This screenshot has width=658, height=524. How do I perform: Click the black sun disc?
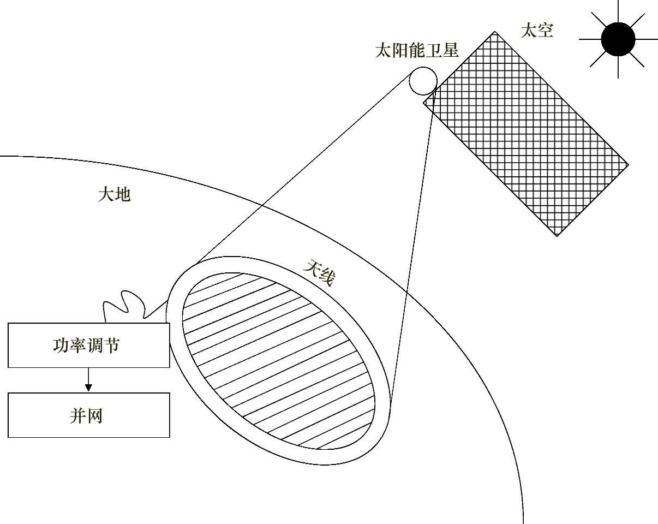tap(618, 39)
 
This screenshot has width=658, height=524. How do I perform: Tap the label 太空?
tap(537, 31)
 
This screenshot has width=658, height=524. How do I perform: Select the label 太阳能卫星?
tap(416, 51)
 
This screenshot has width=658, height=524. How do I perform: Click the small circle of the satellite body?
tap(423, 81)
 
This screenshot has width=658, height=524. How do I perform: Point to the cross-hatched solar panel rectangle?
tap(526, 134)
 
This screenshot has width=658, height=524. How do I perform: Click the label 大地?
tap(114, 194)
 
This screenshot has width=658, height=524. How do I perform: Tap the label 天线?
tap(319, 272)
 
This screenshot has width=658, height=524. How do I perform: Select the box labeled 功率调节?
tap(88, 345)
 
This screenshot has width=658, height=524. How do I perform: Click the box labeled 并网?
tap(88, 415)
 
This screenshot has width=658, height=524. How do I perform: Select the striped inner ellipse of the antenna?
tap(278, 360)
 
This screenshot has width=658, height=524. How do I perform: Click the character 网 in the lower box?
tap(95, 416)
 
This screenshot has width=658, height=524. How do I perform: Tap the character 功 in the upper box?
tap(61, 346)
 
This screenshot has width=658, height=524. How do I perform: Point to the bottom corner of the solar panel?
tap(557, 236)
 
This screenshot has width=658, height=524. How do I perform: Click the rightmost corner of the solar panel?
tap(629, 164)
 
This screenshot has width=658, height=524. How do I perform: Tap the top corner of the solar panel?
tap(495, 32)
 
